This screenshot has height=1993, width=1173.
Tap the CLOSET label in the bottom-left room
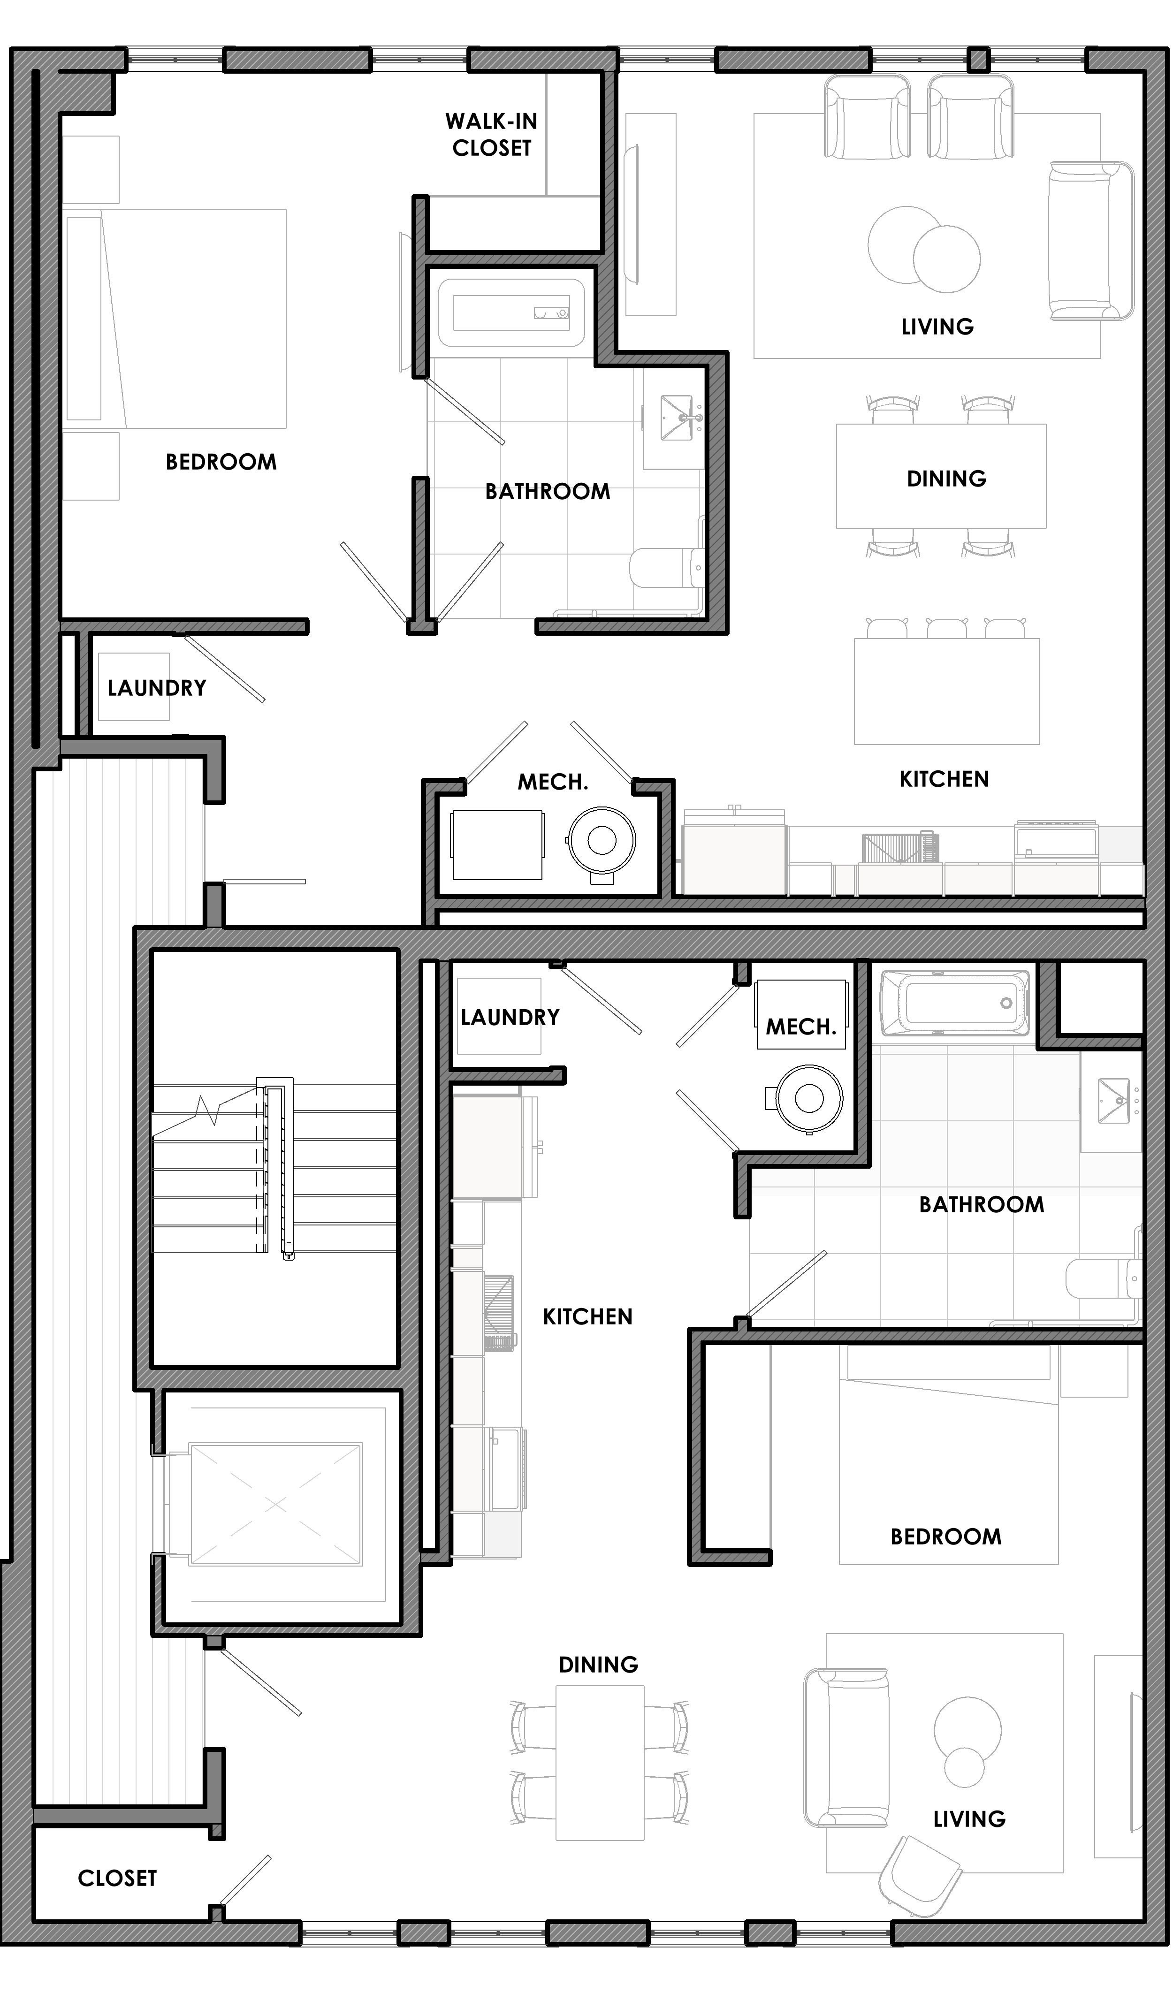tap(117, 1879)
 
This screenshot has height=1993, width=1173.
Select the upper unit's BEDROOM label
tap(221, 462)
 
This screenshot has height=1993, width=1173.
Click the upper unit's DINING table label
tap(947, 479)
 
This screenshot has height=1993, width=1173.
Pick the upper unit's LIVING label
tap(937, 327)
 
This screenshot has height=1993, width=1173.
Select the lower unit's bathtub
tap(955, 1003)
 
